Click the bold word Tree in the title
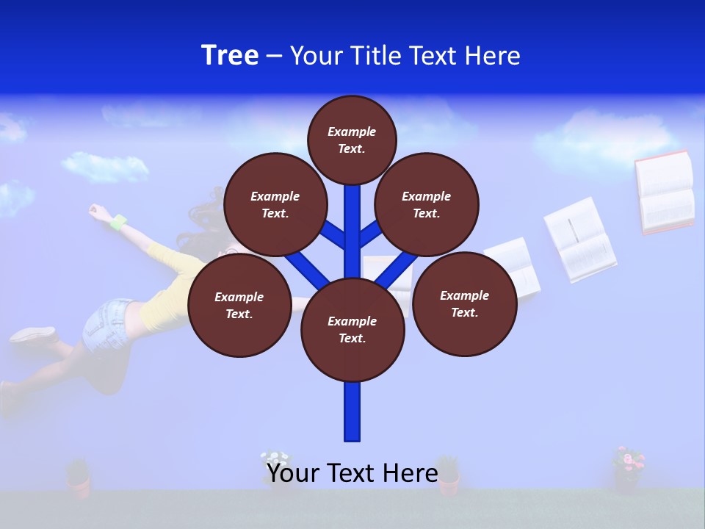(x=230, y=55)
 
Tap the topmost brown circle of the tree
(x=352, y=140)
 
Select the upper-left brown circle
(x=275, y=204)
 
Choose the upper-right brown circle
(x=427, y=204)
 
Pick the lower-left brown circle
(x=239, y=305)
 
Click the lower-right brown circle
(x=465, y=303)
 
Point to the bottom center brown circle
(x=352, y=329)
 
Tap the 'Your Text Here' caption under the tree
(x=352, y=472)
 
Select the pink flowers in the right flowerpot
(x=629, y=460)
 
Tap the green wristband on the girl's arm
(x=118, y=220)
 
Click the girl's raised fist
(x=95, y=211)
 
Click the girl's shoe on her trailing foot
(x=32, y=335)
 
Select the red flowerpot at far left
(x=79, y=481)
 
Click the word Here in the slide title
(x=490, y=55)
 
